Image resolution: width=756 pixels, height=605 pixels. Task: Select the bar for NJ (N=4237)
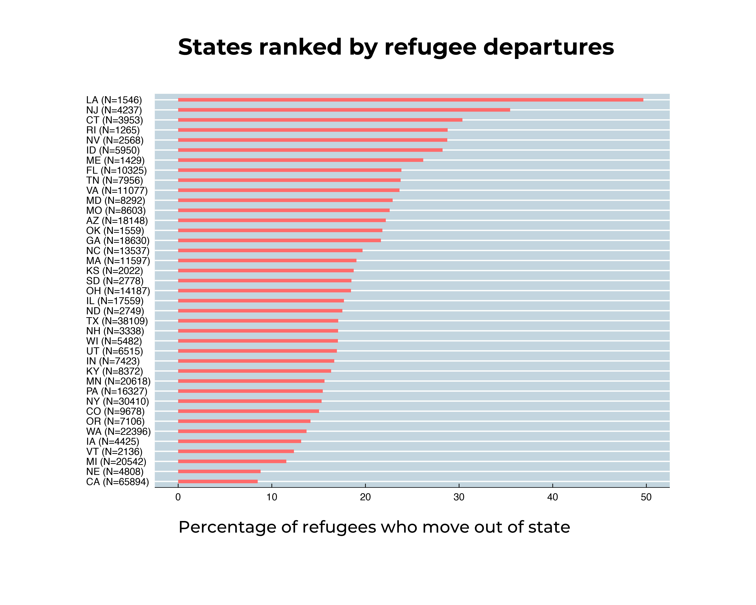(x=344, y=110)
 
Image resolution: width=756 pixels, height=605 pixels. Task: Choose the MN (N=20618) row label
(x=118, y=381)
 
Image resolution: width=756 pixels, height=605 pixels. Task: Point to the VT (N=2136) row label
(x=114, y=451)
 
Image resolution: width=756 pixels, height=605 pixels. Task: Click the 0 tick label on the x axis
(x=178, y=497)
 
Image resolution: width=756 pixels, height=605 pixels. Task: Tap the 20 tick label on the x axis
(x=365, y=497)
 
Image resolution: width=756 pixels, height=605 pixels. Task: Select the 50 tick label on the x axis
(x=646, y=497)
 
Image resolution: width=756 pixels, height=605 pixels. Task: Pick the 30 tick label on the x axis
(x=459, y=497)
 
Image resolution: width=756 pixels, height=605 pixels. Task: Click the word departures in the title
(x=548, y=47)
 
